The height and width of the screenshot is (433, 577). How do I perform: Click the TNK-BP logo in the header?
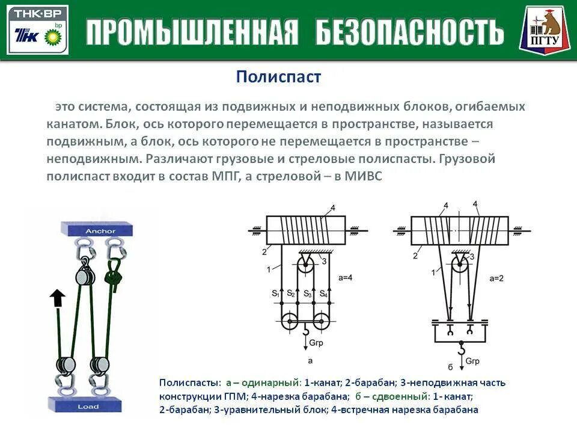37,30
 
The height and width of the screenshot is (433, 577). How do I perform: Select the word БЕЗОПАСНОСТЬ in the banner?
409,32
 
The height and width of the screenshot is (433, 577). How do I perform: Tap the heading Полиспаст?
278,76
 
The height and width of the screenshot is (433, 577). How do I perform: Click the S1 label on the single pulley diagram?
275,294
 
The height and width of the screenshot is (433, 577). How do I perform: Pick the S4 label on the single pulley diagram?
323,294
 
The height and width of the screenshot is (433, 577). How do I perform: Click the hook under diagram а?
305,330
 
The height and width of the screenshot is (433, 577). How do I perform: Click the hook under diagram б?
461,348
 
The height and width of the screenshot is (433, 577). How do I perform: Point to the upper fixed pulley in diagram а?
306,265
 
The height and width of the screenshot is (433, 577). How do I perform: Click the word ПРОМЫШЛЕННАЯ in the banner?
192,32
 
